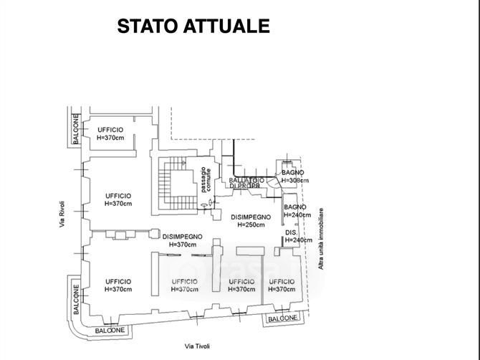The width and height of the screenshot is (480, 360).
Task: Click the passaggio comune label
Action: click(206, 179)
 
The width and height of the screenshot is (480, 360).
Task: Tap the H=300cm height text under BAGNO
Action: click(295, 181)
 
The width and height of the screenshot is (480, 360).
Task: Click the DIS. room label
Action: click(292, 233)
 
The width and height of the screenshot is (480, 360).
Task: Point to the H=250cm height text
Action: click(251, 225)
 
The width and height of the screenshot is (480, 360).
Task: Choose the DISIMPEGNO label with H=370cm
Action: click(182, 237)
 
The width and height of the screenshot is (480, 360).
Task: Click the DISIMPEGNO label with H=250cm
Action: click(251, 217)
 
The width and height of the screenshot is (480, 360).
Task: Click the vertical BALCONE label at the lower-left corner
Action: click(75, 300)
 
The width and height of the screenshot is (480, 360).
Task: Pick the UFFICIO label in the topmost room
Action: click(110, 130)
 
